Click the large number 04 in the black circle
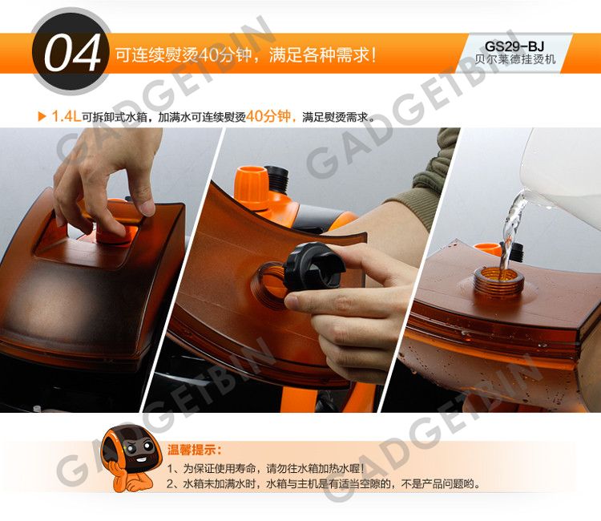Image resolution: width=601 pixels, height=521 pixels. (x=72, y=53)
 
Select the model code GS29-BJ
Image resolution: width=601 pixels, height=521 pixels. (x=514, y=46)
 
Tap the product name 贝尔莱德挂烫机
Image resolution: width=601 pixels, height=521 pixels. (x=514, y=59)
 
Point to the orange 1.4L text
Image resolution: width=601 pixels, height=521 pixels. (x=66, y=116)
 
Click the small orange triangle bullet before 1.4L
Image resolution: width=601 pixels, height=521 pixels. (x=42, y=116)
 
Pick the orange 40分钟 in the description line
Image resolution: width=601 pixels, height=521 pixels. (x=268, y=115)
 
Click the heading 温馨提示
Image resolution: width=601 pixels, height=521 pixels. (x=194, y=450)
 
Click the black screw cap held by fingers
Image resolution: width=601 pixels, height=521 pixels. (x=313, y=265)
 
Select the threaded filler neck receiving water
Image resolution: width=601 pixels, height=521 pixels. (x=498, y=283)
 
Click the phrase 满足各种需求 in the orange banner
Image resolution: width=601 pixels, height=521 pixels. (x=319, y=55)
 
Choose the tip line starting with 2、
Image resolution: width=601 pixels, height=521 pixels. (x=325, y=484)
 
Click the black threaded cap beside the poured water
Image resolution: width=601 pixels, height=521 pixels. (x=516, y=251)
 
